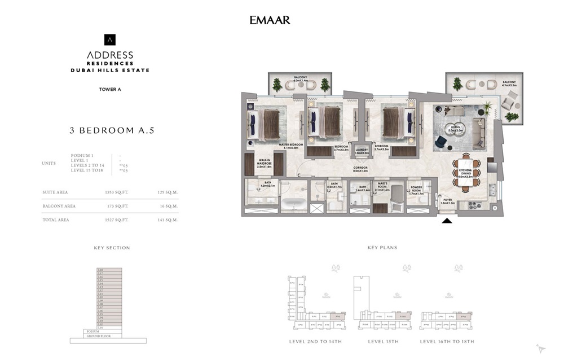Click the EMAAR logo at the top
point(270,20)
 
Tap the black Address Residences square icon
point(110,40)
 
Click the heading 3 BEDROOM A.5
point(112,130)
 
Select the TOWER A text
point(110,89)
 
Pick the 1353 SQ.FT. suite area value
point(117,192)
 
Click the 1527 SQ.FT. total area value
point(117,219)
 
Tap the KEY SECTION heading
point(112,248)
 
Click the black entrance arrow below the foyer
point(447,221)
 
